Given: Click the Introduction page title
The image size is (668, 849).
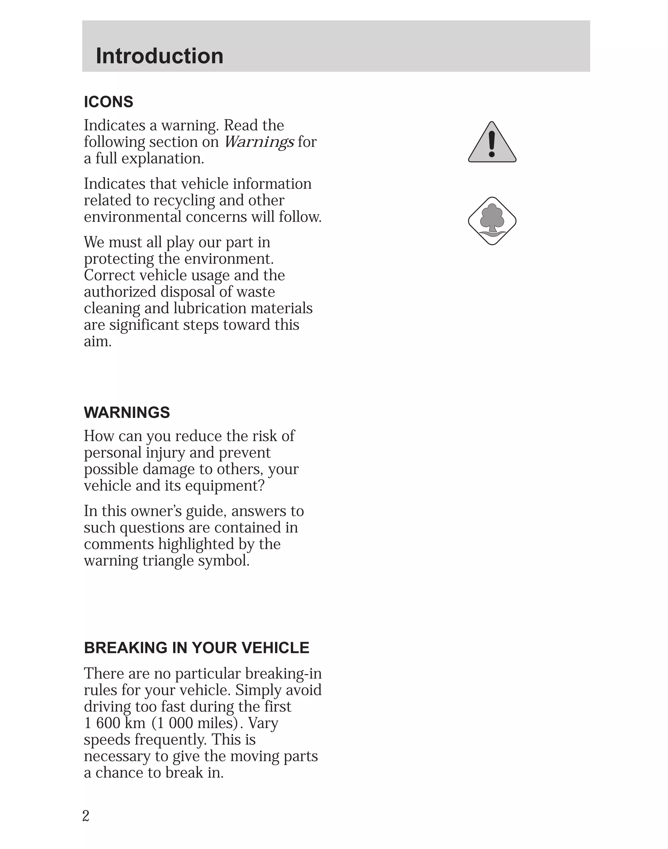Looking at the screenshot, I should (x=159, y=56).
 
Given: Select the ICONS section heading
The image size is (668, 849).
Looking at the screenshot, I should (x=109, y=102).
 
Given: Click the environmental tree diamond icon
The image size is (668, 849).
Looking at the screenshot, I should (x=492, y=221).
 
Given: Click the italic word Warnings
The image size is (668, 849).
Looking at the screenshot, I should (x=259, y=142).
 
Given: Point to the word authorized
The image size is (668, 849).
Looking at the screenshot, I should (x=120, y=292).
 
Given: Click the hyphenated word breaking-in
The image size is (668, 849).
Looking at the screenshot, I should (x=283, y=674).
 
